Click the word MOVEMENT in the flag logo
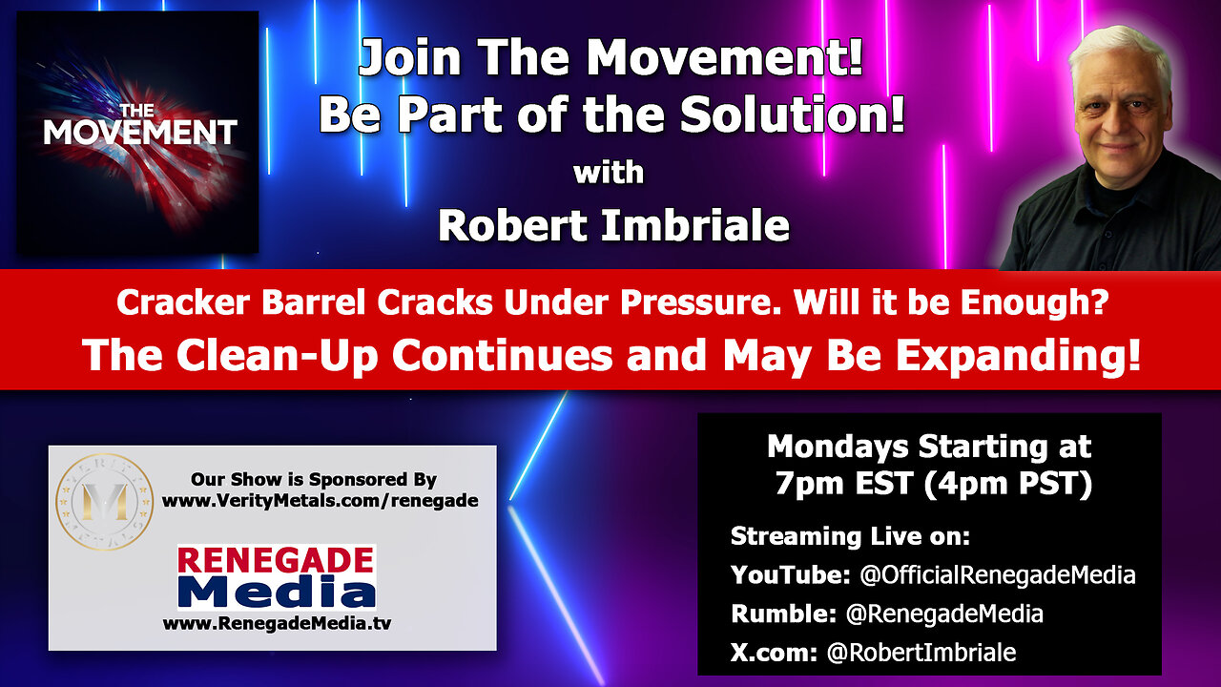pos(140,133)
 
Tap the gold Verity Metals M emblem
pos(104,502)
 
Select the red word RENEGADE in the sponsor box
pos(276,560)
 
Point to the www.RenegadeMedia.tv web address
pos(277,623)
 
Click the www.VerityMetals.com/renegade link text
pos(320,501)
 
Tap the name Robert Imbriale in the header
pos(613,226)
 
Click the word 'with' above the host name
pos(609,173)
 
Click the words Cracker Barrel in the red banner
pos(240,302)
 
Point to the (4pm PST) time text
pos(1008,484)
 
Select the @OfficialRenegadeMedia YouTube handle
pos(998,575)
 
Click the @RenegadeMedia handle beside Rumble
pos(944,614)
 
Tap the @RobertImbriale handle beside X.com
pos(921,653)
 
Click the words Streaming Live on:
pos(850,536)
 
